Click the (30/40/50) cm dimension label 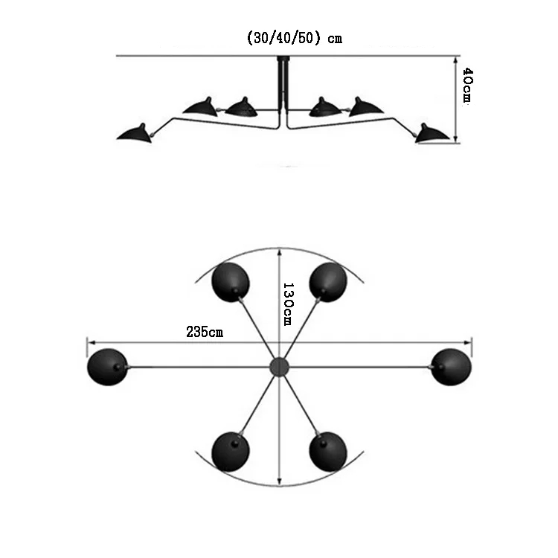(294, 39)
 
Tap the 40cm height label (467, 86)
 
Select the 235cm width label (205, 333)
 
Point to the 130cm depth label (289, 303)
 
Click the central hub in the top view (278, 366)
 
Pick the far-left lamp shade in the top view (106, 366)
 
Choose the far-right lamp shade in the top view (451, 366)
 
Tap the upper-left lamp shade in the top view (231, 280)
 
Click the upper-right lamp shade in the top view (327, 280)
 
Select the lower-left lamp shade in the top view (231, 450)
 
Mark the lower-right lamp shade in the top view (327, 450)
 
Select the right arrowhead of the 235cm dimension (469, 343)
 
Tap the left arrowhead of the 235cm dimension (90, 343)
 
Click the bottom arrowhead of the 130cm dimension (279, 481)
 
